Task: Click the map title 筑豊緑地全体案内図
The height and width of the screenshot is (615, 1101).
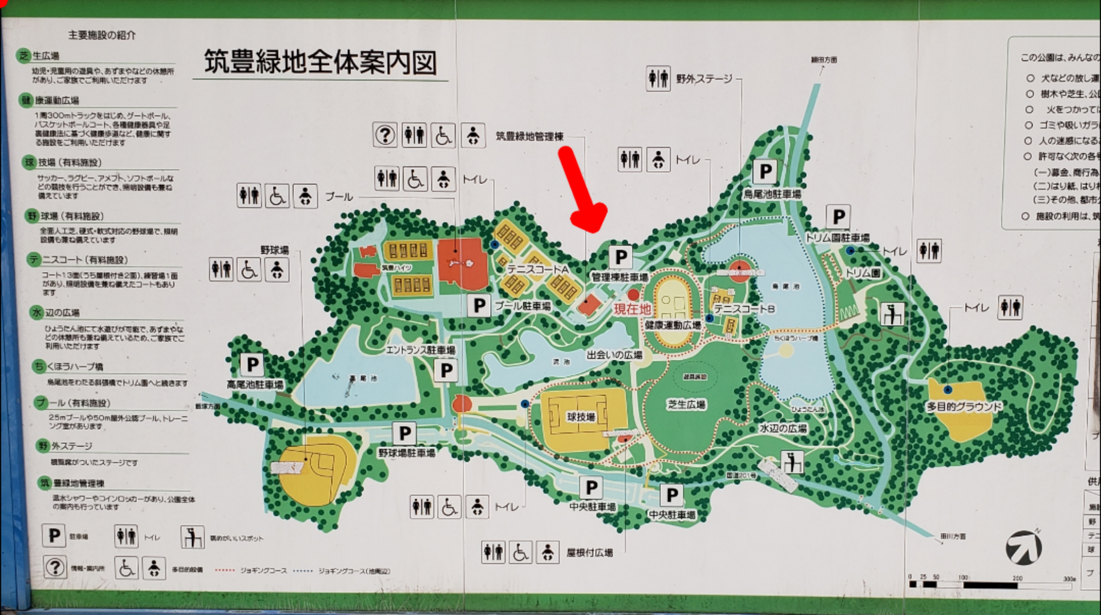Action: click(320, 62)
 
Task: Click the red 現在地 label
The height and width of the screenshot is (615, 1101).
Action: click(632, 309)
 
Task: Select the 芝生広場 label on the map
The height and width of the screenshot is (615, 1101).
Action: click(686, 404)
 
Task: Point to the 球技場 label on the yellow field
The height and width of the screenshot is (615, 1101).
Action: click(581, 416)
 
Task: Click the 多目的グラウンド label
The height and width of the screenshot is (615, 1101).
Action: click(964, 407)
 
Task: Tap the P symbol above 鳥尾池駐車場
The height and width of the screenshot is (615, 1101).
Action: click(765, 172)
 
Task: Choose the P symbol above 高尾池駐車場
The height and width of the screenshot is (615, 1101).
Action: click(253, 364)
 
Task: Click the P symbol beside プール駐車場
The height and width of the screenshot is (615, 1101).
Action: click(479, 306)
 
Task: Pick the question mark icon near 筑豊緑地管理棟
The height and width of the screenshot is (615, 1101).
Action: click(385, 135)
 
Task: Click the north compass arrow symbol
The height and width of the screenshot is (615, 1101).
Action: click(1024, 547)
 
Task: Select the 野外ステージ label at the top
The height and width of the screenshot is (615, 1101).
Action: click(704, 79)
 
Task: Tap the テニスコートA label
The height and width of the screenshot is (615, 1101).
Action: click(538, 269)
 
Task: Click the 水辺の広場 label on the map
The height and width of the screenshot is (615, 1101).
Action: click(783, 428)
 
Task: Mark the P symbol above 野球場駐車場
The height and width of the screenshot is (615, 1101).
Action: click(405, 433)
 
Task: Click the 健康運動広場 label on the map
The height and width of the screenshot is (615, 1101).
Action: click(673, 325)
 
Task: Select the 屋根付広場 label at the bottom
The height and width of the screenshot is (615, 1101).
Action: click(590, 553)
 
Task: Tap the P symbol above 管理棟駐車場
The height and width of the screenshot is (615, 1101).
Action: click(621, 257)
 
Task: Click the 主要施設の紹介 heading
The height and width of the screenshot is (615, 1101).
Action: click(102, 35)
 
